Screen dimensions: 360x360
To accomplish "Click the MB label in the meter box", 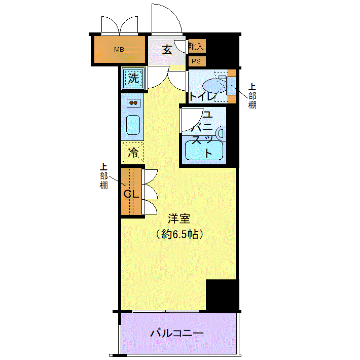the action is [119, 49].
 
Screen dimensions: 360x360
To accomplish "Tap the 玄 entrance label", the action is [167, 50].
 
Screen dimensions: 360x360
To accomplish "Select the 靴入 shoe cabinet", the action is [197, 46].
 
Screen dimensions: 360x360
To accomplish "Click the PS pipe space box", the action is [197, 61].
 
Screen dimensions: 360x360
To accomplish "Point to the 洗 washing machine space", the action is [133, 78].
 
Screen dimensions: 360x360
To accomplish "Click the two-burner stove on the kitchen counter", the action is [133, 103].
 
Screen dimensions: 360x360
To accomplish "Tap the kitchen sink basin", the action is [133, 125].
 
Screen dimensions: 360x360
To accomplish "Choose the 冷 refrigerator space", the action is [133, 152].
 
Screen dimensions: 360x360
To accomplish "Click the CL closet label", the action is [131, 194].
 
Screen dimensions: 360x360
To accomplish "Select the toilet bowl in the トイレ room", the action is [214, 86].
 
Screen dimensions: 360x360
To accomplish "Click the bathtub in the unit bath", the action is [204, 151].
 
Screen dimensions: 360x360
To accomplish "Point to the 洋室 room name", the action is [179, 219].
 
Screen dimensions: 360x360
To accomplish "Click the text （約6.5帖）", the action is [179, 234].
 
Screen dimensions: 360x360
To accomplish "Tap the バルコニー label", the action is [177, 333].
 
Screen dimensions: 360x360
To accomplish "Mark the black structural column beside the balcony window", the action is [222, 295].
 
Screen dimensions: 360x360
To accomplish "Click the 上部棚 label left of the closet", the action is [103, 176].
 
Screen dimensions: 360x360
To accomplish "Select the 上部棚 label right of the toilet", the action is [252, 96].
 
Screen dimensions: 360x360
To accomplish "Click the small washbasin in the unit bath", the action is [222, 133].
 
